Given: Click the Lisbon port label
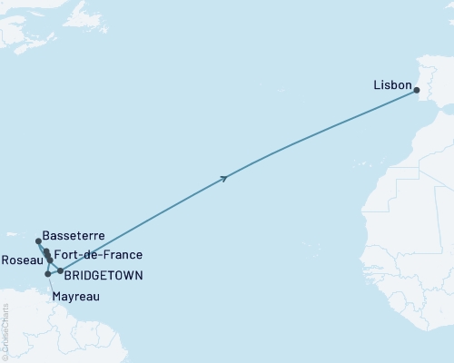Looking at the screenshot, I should point(391,85).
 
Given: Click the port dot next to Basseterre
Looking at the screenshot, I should point(38,241).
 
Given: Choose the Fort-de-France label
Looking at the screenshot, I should point(98,254).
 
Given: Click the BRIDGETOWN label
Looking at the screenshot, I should point(104,274).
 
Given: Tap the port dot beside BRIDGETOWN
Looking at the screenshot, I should point(60,271).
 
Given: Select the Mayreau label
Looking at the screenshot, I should point(75,296).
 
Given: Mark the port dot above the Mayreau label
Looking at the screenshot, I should point(47,273).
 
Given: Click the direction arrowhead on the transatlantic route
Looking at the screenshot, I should point(223,179).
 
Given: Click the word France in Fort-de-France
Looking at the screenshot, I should point(123,254).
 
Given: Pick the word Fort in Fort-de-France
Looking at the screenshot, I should point(65,254).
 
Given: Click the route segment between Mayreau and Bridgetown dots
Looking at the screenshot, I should point(54,272).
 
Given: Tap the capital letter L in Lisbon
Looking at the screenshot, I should point(376,85).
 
